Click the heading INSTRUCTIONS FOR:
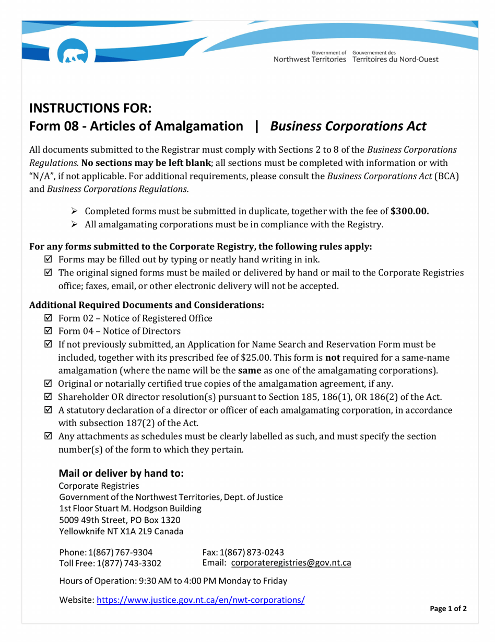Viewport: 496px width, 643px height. (90, 109)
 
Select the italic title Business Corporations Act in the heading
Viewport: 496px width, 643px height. (348, 127)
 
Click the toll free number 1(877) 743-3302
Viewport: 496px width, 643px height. (128, 563)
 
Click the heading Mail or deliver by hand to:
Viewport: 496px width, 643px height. (121, 474)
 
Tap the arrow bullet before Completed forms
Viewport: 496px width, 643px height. (74, 212)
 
